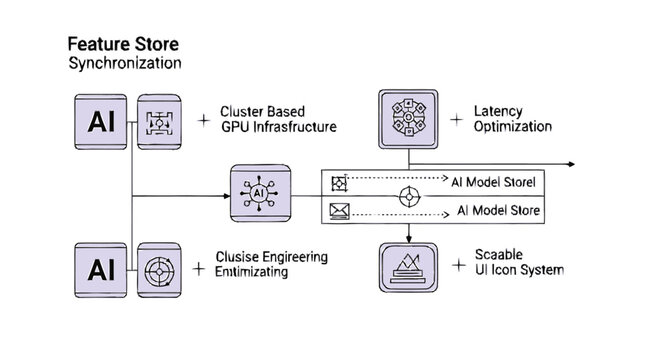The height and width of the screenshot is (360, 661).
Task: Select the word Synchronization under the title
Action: point(124,63)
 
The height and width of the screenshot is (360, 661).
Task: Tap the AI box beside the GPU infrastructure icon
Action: point(101,122)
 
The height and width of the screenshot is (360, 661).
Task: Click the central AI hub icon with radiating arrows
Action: point(259,191)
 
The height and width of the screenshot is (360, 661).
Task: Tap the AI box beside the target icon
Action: point(101,269)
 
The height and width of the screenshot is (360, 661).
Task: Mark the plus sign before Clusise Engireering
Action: point(205,268)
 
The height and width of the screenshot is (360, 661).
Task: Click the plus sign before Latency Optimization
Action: point(457,119)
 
